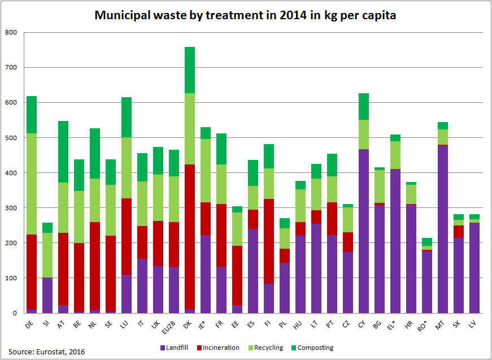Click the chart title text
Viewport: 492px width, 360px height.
click(x=245, y=15)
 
